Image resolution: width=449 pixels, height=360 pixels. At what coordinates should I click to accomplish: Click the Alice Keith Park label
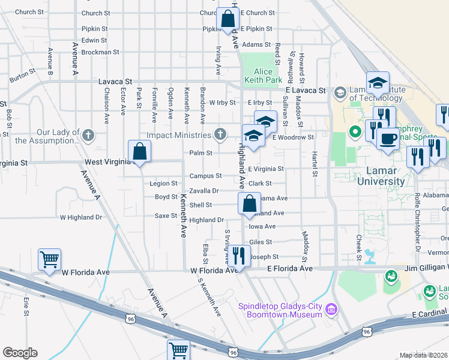click(263, 76)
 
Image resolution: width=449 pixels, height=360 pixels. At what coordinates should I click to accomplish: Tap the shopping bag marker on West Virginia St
click(139, 152)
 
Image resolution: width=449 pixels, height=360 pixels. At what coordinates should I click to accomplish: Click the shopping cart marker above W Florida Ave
click(49, 260)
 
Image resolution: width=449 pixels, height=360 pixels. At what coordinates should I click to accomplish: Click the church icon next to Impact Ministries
click(221, 133)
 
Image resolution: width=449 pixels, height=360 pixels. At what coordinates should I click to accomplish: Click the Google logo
click(20, 353)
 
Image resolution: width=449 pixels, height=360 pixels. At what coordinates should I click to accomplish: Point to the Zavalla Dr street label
click(203, 191)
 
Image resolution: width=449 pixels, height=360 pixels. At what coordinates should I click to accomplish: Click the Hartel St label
click(313, 164)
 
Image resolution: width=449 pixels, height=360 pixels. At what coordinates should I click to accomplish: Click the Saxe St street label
click(166, 215)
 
